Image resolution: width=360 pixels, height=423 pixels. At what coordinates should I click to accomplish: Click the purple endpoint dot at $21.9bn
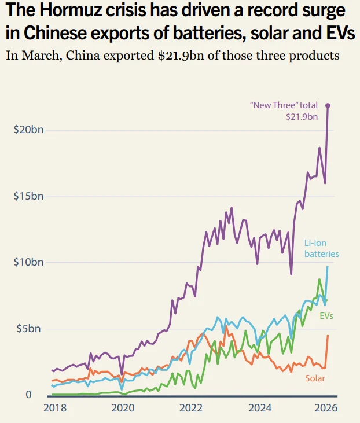[328, 105]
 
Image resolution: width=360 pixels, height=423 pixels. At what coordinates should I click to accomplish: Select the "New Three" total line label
[284, 106]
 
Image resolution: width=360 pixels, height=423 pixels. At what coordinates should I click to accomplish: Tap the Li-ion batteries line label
[321, 248]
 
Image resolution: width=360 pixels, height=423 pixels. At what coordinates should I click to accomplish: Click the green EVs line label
[326, 316]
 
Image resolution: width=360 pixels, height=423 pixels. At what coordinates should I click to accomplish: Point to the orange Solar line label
[315, 378]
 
